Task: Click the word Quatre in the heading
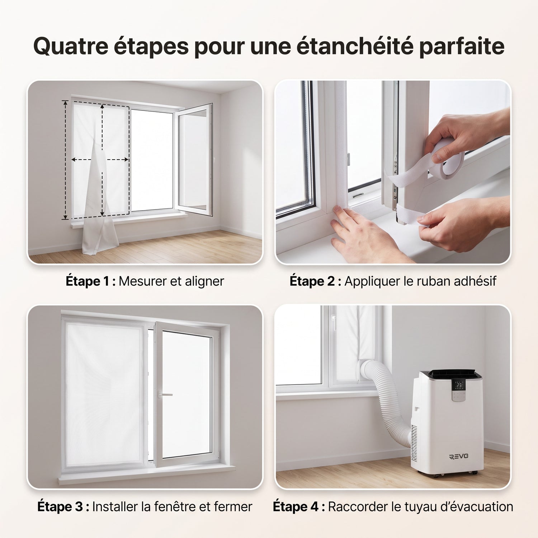[x=71, y=46]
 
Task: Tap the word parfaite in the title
[x=462, y=47]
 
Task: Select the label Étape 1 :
[x=91, y=281]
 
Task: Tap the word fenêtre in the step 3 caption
[x=175, y=507]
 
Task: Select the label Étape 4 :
[x=299, y=507]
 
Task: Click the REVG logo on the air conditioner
[x=458, y=456]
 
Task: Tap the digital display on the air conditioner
[x=459, y=385]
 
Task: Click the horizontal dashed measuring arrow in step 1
[x=100, y=160]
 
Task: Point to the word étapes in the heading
[x=151, y=47]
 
